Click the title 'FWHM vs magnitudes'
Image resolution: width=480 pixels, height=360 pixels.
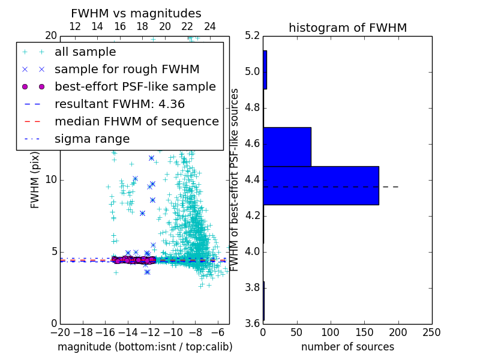[136, 14]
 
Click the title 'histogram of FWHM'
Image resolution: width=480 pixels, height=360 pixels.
[347, 28]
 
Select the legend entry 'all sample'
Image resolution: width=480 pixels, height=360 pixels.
[85, 52]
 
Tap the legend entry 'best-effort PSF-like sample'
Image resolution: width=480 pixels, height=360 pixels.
[135, 86]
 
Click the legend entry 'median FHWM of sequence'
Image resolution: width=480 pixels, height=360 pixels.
[136, 121]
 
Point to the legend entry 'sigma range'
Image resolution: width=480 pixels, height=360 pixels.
[92, 139]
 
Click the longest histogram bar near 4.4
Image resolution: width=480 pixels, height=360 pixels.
[321, 185]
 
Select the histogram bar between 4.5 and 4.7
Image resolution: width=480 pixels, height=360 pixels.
[287, 146]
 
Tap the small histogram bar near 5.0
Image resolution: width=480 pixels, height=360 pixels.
[265, 70]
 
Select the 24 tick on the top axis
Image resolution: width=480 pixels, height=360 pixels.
[210, 27]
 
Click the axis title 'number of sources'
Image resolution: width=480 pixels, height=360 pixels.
[347, 347]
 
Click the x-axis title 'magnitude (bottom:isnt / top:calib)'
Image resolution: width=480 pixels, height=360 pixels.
[145, 347]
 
